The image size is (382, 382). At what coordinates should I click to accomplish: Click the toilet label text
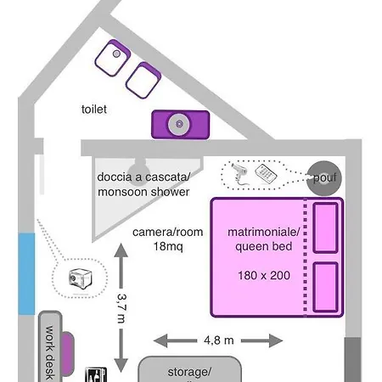tap(94, 110)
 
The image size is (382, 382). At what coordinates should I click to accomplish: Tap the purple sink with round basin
tap(181, 125)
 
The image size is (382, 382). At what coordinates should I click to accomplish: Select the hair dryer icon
tap(239, 173)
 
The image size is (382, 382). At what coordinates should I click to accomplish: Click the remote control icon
tap(266, 173)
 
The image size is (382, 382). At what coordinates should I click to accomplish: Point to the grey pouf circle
tap(324, 178)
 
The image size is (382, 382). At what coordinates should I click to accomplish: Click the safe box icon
tap(81, 278)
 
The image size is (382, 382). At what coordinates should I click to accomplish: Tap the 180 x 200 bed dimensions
tap(264, 275)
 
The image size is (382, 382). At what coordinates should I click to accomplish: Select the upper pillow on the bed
tap(325, 228)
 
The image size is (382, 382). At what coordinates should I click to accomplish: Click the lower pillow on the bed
tap(325, 287)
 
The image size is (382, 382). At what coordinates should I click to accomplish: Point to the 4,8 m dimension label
tap(219, 340)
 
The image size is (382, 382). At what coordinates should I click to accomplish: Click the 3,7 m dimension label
tap(121, 308)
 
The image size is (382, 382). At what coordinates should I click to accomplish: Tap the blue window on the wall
tap(26, 273)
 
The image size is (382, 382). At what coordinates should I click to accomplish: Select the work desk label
tap(50, 352)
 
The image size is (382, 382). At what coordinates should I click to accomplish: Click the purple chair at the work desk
tap(67, 354)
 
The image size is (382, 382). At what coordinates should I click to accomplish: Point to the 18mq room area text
tap(168, 246)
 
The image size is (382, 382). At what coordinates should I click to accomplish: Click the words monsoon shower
tap(143, 192)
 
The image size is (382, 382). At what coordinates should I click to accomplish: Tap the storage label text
tap(189, 372)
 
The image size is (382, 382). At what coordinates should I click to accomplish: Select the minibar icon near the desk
tap(96, 374)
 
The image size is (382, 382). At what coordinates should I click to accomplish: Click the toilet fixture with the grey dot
tap(113, 58)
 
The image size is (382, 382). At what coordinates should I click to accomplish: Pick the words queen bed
tap(264, 246)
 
